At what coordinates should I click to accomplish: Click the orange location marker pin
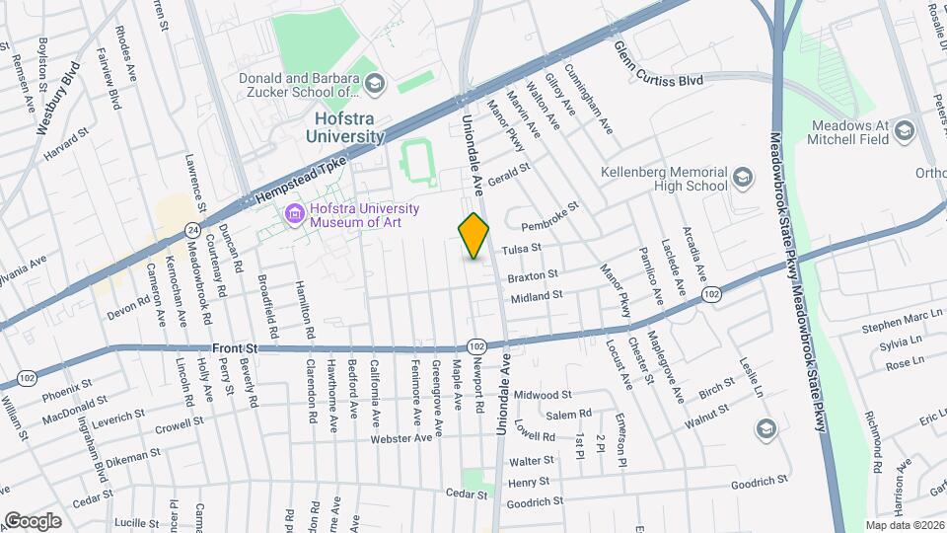click(x=474, y=236)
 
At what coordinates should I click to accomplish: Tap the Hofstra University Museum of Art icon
click(x=294, y=214)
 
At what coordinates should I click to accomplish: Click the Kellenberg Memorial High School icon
click(x=742, y=178)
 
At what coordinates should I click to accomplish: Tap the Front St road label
click(x=235, y=348)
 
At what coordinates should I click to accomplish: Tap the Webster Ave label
click(x=401, y=437)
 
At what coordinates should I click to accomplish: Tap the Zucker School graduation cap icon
click(x=375, y=85)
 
